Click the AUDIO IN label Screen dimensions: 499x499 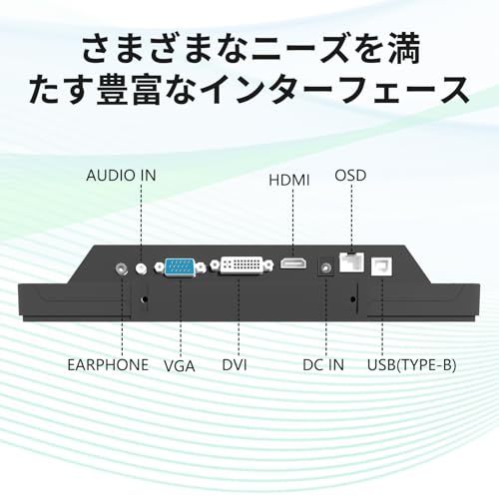(x=121, y=176)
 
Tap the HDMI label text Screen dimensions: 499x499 (x=289, y=181)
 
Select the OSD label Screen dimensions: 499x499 (x=350, y=176)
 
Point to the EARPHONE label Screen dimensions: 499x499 (x=108, y=365)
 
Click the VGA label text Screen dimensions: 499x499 (x=180, y=366)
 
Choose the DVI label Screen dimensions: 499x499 (x=235, y=365)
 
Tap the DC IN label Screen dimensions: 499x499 (x=323, y=365)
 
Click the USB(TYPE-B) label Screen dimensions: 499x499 (x=411, y=365)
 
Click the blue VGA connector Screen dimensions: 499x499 (x=180, y=267)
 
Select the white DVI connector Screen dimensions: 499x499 (x=243, y=265)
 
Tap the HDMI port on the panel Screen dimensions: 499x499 (x=293, y=263)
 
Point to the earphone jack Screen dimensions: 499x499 (x=122, y=268)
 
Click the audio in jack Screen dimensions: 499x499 (x=142, y=267)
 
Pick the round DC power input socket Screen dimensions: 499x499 (x=325, y=266)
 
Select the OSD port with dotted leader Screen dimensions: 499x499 (x=351, y=262)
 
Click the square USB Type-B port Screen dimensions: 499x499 (x=381, y=266)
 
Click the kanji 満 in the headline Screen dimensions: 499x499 (x=405, y=49)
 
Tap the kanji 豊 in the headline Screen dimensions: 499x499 (x=113, y=89)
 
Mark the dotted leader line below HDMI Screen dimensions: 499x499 (x=292, y=223)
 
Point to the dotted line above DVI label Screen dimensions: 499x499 (x=239, y=316)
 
